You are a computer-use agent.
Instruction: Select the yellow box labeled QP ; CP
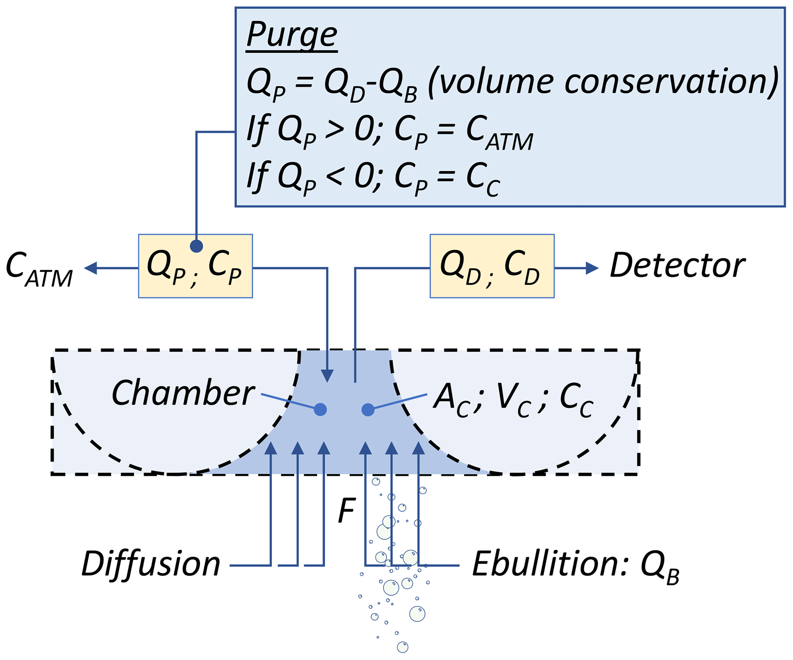pos(195,266)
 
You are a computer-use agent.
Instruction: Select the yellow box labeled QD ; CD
pos(492,266)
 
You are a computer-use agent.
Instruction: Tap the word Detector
pos(677,266)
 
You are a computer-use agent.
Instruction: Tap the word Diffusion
pos(151,564)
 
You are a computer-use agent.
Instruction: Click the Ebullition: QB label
pos(575,566)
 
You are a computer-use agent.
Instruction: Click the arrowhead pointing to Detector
pos(592,268)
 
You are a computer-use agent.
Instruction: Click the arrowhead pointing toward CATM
pos(91,268)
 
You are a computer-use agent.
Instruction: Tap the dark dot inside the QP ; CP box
pos(196,246)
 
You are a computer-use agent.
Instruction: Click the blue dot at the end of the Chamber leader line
pos(320,409)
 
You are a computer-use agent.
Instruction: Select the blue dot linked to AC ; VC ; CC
pos(368,409)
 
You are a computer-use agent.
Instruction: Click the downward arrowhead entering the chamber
pos(327,376)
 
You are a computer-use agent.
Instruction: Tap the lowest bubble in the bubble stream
pos(402,647)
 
